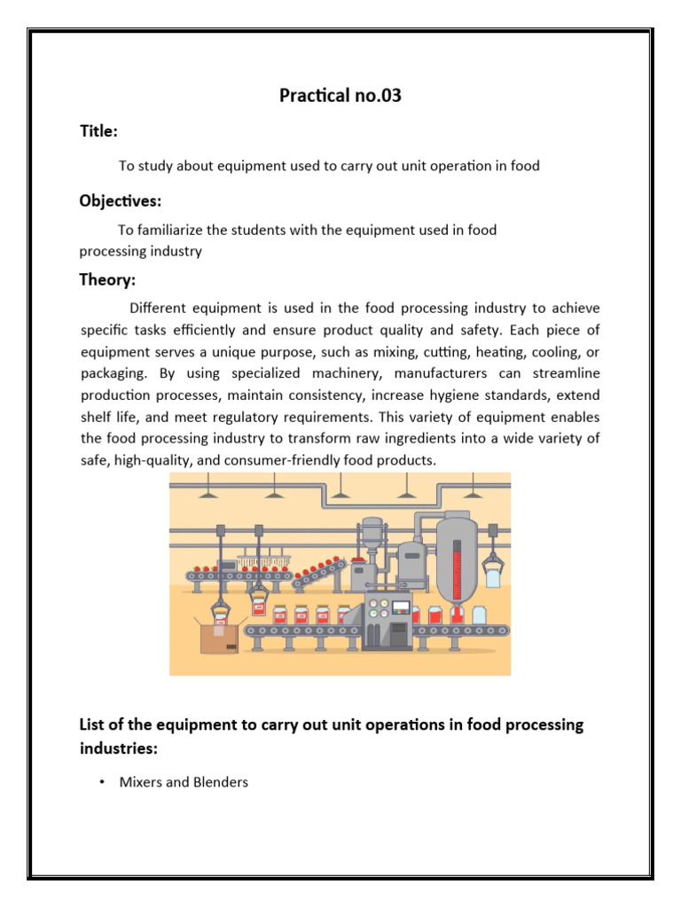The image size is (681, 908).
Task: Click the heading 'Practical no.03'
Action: tap(340, 95)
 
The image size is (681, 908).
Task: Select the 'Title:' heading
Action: tap(98, 131)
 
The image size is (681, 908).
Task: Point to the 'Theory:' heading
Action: tap(107, 280)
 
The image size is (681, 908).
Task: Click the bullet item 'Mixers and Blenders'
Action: tap(184, 782)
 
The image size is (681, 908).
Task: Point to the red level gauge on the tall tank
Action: tap(458, 567)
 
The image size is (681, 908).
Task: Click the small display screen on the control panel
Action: tap(403, 610)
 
